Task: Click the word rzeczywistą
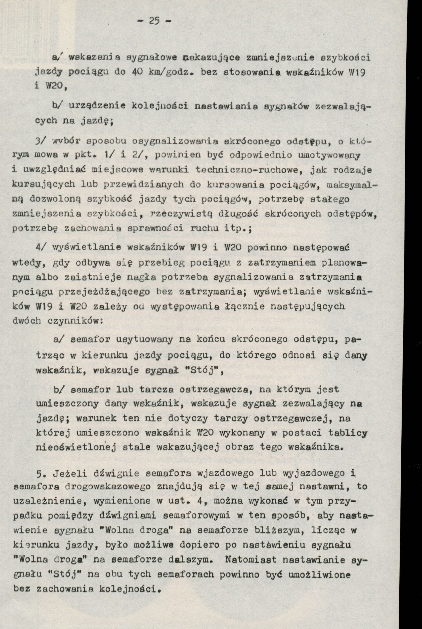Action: point(182,214)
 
